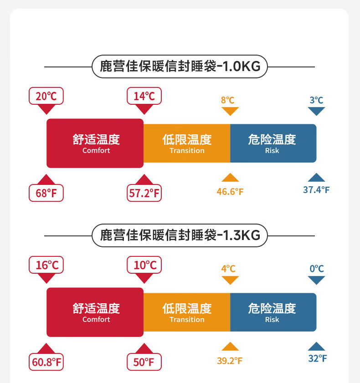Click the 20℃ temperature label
pyautogui.click(x=46, y=96)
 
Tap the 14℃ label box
pyautogui.click(x=144, y=96)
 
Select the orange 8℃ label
pyautogui.click(x=228, y=100)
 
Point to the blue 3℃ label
pyautogui.click(x=316, y=100)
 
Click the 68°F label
pyautogui.click(x=46, y=193)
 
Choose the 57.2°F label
pyautogui.click(x=144, y=193)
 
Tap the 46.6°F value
pyautogui.click(x=230, y=191)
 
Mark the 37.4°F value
pyautogui.click(x=316, y=190)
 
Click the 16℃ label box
pyautogui.click(x=46, y=265)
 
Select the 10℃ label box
pyautogui.click(x=144, y=265)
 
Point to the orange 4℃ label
pyautogui.click(x=228, y=269)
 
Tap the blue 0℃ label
pyautogui.click(x=316, y=269)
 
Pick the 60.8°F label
pyautogui.click(x=46, y=363)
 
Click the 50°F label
pyautogui.click(x=144, y=363)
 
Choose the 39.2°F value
pyautogui.click(x=230, y=361)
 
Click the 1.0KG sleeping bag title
pyautogui.click(x=180, y=67)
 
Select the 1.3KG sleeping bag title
pyautogui.click(x=180, y=235)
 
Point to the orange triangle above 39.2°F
pyautogui.click(x=230, y=347)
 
